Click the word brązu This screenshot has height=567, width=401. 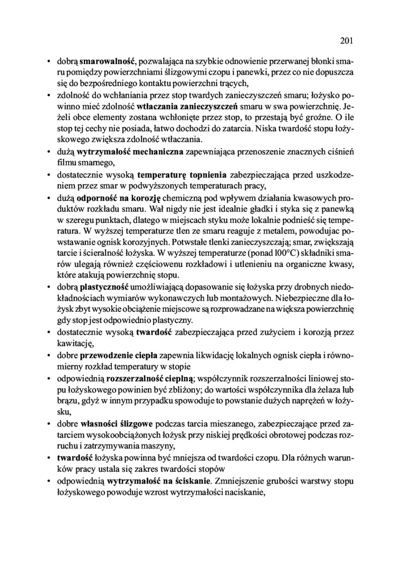pyautogui.click(x=66, y=400)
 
